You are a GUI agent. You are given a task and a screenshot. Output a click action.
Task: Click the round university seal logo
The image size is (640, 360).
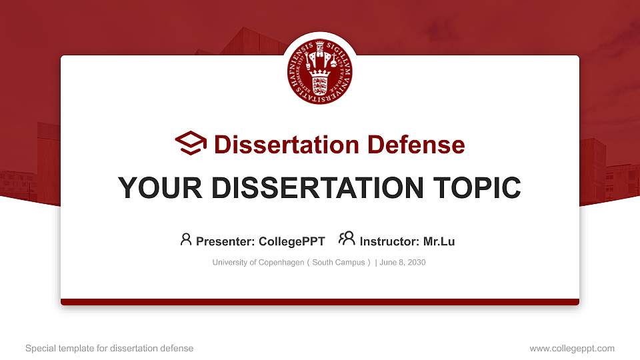319,71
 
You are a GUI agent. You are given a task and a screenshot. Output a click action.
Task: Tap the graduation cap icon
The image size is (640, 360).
191,143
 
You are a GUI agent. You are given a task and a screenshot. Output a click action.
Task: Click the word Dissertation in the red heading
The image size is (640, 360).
287,145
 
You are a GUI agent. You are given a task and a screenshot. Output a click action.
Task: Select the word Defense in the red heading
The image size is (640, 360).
416,145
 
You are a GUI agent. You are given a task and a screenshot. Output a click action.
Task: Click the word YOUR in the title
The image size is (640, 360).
160,188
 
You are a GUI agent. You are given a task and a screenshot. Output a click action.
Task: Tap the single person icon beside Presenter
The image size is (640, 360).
186,239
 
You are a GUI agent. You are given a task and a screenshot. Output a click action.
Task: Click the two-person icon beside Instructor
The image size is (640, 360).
347,239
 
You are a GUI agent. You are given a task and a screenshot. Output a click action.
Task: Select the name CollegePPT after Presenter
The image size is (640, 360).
292,241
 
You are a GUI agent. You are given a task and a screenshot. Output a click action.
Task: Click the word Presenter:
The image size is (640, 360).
225,241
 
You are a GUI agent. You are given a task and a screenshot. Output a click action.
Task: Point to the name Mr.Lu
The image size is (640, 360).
439,241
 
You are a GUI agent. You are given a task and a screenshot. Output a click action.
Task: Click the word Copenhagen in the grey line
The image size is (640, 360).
281,263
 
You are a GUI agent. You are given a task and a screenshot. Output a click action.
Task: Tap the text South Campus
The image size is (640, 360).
339,263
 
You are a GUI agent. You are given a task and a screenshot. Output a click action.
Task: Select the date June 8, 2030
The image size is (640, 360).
403,263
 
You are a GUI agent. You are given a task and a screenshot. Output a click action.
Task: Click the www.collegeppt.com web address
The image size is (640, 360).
572,349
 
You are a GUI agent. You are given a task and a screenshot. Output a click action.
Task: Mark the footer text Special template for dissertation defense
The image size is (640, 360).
109,349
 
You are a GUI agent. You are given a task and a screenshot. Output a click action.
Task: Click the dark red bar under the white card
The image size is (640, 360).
320,302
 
